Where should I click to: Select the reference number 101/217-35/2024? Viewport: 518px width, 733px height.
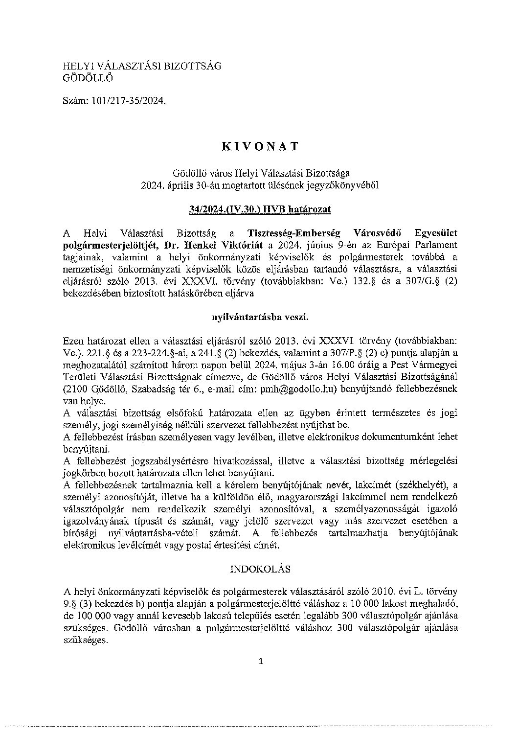click(x=129, y=101)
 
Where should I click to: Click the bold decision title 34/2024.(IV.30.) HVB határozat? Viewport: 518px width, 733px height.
click(x=260, y=209)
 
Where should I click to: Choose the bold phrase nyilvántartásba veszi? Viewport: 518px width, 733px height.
click(x=259, y=317)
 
